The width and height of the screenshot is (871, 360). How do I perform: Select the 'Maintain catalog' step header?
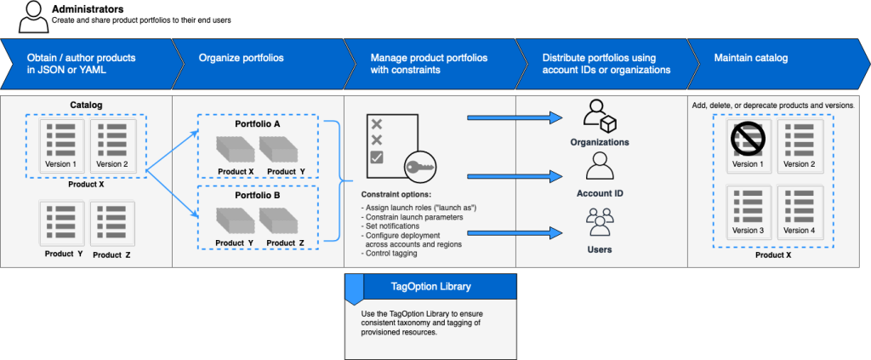(752, 59)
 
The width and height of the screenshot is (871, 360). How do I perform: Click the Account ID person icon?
(599, 166)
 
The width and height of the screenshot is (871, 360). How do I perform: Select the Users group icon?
(599, 224)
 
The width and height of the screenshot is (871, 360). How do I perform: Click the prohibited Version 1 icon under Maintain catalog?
(748, 136)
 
